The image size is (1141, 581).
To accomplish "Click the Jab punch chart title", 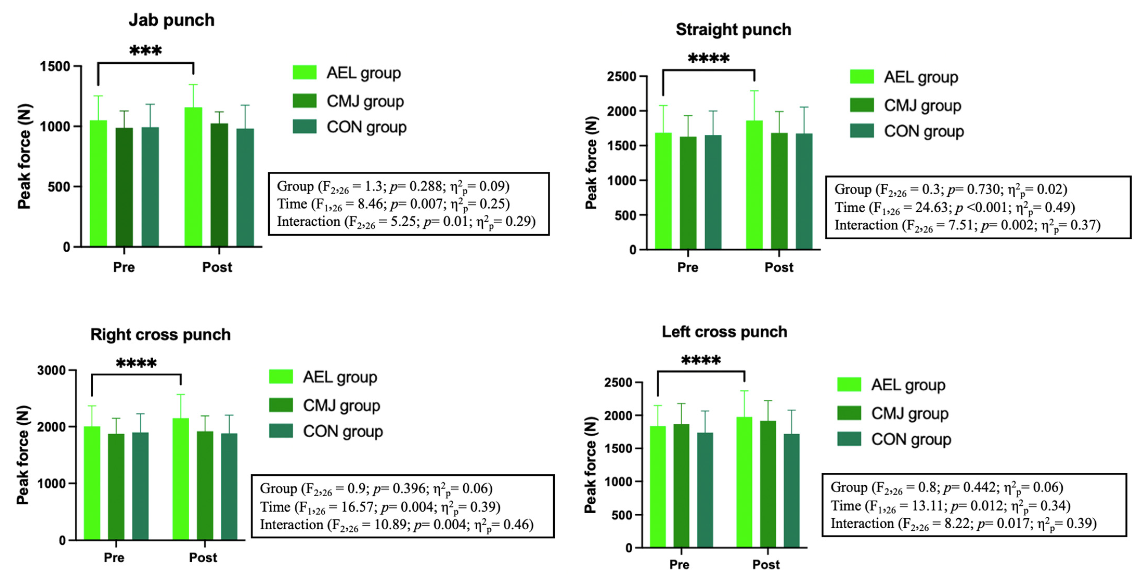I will point(171,20).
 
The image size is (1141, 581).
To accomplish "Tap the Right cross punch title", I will point(160,334).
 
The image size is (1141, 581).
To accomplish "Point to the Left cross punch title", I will point(724,332).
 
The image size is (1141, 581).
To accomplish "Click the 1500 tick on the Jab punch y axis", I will point(55,66).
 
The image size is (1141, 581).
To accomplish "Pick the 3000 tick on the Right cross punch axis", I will point(51,370).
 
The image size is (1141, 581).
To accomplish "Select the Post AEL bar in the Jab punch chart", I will point(193,177).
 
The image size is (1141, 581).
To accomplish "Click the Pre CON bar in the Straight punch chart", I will point(713,193).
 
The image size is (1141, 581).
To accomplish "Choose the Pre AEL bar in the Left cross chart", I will point(658,487).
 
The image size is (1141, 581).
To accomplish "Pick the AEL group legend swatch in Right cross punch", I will point(281,377).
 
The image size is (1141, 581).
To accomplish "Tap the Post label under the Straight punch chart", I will point(779,267).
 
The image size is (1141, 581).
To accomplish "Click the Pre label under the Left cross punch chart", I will point(679,565).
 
